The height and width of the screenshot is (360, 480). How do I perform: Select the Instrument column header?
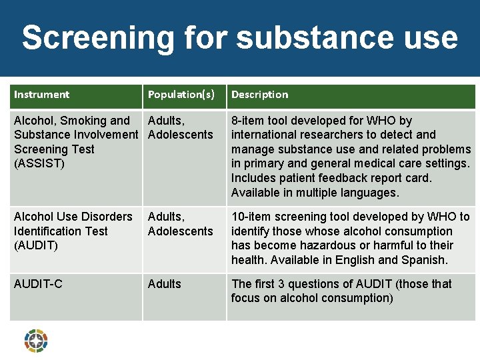click(x=41, y=95)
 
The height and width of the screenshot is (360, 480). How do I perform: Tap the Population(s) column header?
click(x=181, y=95)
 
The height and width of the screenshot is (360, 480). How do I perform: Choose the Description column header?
click(x=259, y=95)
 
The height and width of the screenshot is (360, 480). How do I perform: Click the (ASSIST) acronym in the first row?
click(x=39, y=164)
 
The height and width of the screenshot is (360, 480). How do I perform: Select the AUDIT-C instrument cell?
click(x=38, y=284)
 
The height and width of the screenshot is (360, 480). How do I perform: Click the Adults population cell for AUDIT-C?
click(x=164, y=284)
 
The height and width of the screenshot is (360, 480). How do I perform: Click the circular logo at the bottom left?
click(x=36, y=341)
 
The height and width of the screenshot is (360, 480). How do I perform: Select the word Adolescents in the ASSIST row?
click(x=180, y=135)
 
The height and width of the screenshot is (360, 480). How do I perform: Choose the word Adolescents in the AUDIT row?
click(x=180, y=231)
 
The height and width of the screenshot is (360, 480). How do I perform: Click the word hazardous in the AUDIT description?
click(x=320, y=245)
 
